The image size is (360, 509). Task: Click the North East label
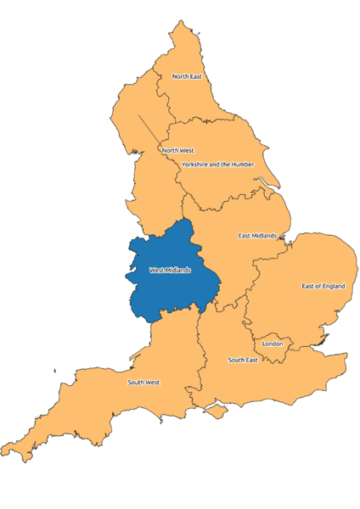click(187, 76)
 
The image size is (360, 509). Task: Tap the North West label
click(178, 151)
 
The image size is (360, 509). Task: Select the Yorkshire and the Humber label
click(217, 164)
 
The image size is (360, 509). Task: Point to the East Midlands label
click(257, 235)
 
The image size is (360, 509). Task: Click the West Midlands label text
click(170, 271)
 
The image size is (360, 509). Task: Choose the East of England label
click(323, 286)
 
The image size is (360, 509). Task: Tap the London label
click(273, 344)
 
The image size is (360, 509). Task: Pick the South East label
click(242, 361)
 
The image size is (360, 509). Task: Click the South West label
click(143, 383)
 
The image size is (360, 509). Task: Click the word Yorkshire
click(197, 164)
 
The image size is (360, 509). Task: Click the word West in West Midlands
click(157, 271)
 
